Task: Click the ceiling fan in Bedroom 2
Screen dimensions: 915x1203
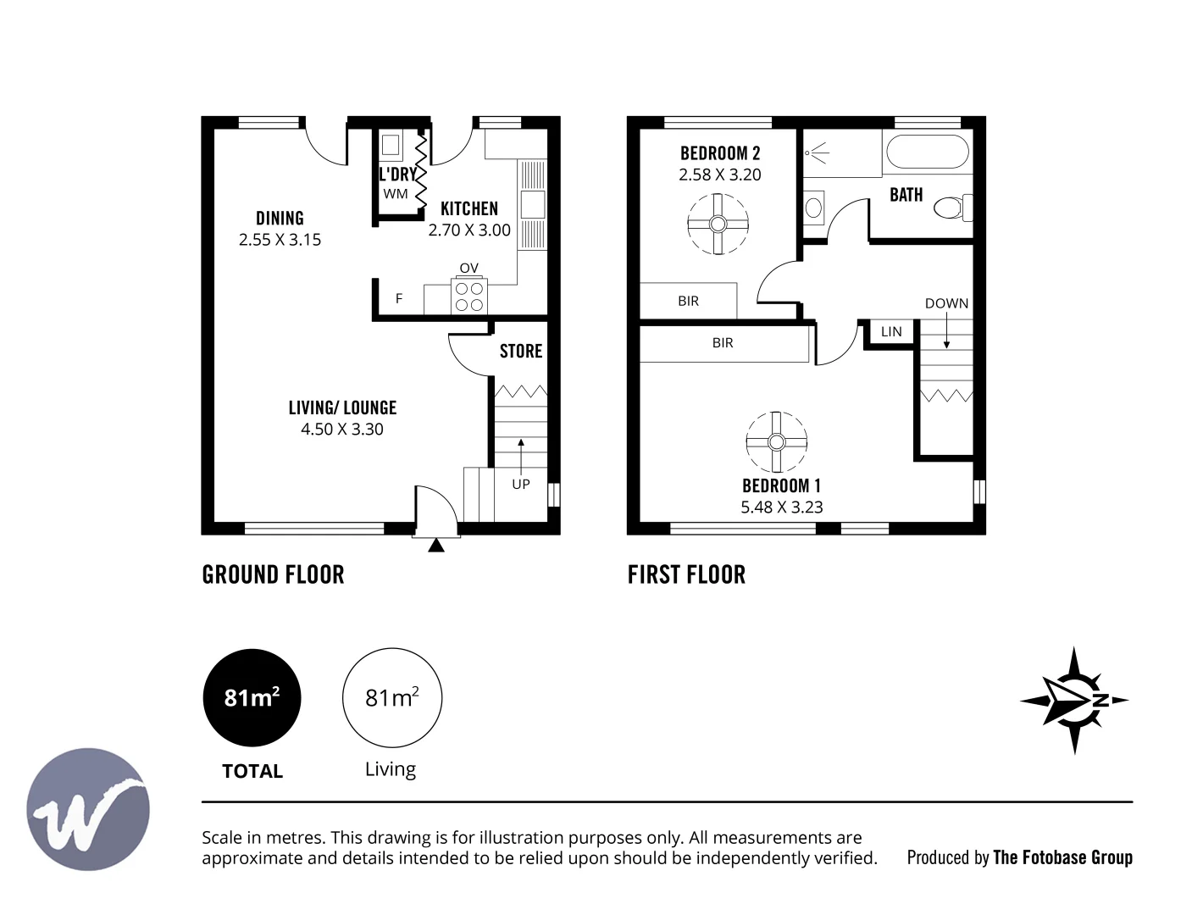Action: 718,224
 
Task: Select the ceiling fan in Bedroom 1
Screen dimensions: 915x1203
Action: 776,442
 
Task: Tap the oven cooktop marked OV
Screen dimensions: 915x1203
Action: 468,296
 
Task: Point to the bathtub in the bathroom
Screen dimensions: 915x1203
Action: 927,152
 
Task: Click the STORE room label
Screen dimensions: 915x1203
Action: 520,351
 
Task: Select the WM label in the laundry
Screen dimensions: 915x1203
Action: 396,193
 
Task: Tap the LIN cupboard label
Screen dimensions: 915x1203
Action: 891,331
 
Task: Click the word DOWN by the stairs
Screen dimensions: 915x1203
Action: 946,303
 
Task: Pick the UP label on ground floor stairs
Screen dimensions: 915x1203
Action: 521,484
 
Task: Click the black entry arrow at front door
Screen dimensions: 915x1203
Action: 436,546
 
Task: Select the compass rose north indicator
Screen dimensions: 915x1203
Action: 1073,701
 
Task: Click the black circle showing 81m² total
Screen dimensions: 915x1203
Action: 252,697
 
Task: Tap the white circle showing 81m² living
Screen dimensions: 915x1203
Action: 391,697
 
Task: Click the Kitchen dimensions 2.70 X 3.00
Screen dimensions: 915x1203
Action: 469,230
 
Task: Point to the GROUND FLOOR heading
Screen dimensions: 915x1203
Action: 273,574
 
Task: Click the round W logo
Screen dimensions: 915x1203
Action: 88,809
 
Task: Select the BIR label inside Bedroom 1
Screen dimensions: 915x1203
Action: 723,343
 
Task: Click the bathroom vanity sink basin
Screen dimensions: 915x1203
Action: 813,206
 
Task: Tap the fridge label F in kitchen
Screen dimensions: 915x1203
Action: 399,298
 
